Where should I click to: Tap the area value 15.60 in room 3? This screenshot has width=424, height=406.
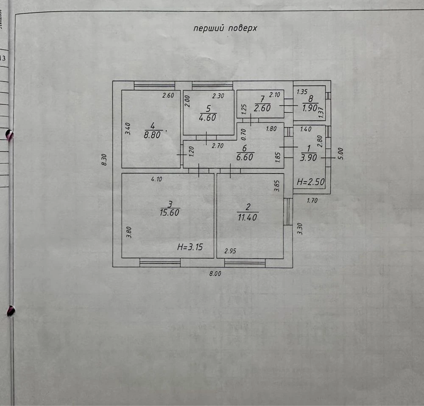pyautogui.click(x=170, y=213)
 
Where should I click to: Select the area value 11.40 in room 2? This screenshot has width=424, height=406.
pyautogui.click(x=248, y=217)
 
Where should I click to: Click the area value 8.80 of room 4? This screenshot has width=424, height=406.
pyautogui.click(x=152, y=135)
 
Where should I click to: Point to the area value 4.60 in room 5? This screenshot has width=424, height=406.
pyautogui.click(x=208, y=117)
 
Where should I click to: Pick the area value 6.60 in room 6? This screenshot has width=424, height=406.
pyautogui.click(x=245, y=157)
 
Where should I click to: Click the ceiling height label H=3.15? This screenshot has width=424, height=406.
pyautogui.click(x=190, y=247)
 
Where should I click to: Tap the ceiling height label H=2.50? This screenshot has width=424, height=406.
pyautogui.click(x=311, y=182)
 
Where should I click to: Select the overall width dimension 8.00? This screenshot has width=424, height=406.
pyautogui.click(x=215, y=273)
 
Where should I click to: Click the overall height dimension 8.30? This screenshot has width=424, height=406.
pyautogui.click(x=104, y=160)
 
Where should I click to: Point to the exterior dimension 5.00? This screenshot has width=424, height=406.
pyautogui.click(x=341, y=153)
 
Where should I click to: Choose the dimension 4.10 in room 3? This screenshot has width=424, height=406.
pyautogui.click(x=156, y=179)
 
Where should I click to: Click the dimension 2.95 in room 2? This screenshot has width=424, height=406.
pyautogui.click(x=230, y=251)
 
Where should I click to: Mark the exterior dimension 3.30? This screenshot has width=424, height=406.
pyautogui.click(x=300, y=229)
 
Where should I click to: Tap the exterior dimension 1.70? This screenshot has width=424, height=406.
pyautogui.click(x=312, y=200)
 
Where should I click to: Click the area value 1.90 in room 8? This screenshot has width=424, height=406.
pyautogui.click(x=310, y=108)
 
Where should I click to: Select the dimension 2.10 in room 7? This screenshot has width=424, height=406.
pyautogui.click(x=274, y=95)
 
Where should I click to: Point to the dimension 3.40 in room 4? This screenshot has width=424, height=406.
pyautogui.click(x=128, y=129)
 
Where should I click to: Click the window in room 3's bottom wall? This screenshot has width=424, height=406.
pyautogui.click(x=160, y=262)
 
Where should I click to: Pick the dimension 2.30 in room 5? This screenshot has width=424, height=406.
pyautogui.click(x=218, y=96)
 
